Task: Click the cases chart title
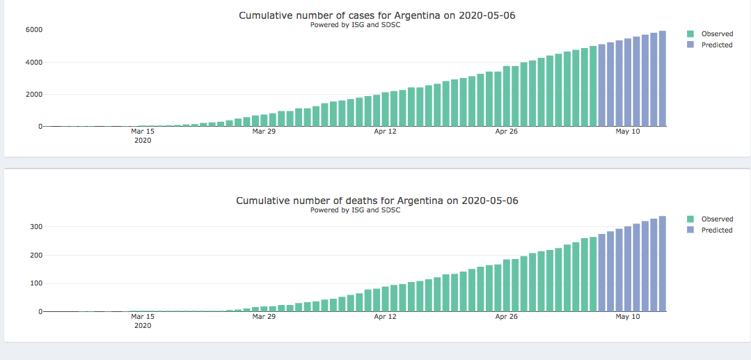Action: pyautogui.click(x=377, y=15)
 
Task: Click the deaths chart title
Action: pyautogui.click(x=377, y=201)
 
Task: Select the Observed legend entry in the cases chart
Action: pyautogui.click(x=716, y=33)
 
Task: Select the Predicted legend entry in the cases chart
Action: pyautogui.click(x=716, y=45)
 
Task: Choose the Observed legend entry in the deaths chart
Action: pyautogui.click(x=716, y=219)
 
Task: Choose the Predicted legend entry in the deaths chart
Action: pyautogui.click(x=716, y=230)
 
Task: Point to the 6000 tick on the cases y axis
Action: pyautogui.click(x=35, y=30)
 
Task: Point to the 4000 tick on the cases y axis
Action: pyautogui.click(x=35, y=62)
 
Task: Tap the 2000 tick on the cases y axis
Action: pyautogui.click(x=35, y=94)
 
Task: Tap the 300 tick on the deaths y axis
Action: pyautogui.click(x=36, y=227)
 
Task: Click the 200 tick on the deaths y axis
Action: pyautogui.click(x=36, y=255)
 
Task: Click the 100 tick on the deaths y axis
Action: pyautogui.click(x=36, y=283)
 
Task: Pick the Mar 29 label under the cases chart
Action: pyautogui.click(x=264, y=131)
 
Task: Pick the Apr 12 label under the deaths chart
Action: pyautogui.click(x=385, y=316)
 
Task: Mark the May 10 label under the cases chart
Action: pyautogui.click(x=628, y=131)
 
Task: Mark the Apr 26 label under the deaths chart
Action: pyautogui.click(x=507, y=316)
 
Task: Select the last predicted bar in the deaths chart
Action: pyautogui.click(x=663, y=265)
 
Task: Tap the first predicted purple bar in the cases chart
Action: pyautogui.click(x=602, y=86)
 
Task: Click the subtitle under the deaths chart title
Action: pyautogui.click(x=355, y=210)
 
